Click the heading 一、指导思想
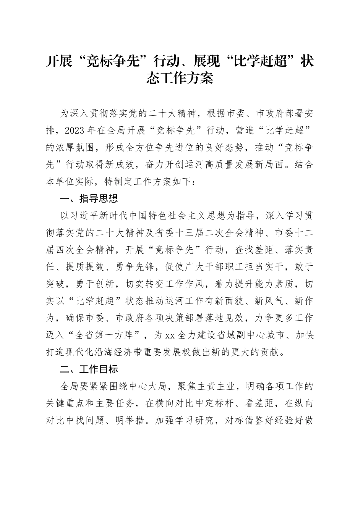pyautogui.click(x=89, y=198)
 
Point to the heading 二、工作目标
pyautogui.click(x=89, y=369)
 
